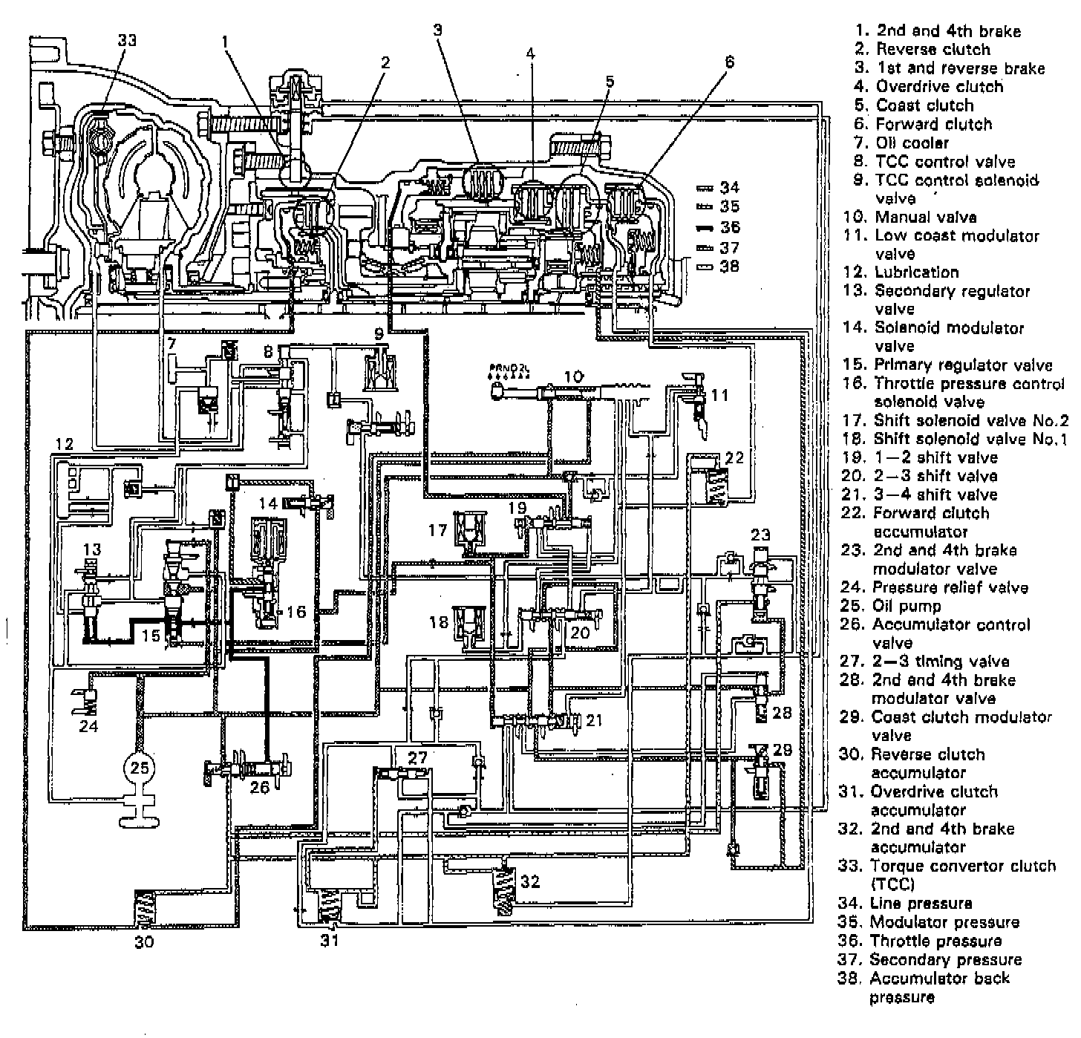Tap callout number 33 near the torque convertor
127,40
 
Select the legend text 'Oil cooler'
912,143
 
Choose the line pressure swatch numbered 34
705,188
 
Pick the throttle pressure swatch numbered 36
705,226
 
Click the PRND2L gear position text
507,367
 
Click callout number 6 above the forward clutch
729,62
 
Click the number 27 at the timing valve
418,757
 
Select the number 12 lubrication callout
64,444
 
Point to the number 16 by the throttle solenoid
295,612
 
